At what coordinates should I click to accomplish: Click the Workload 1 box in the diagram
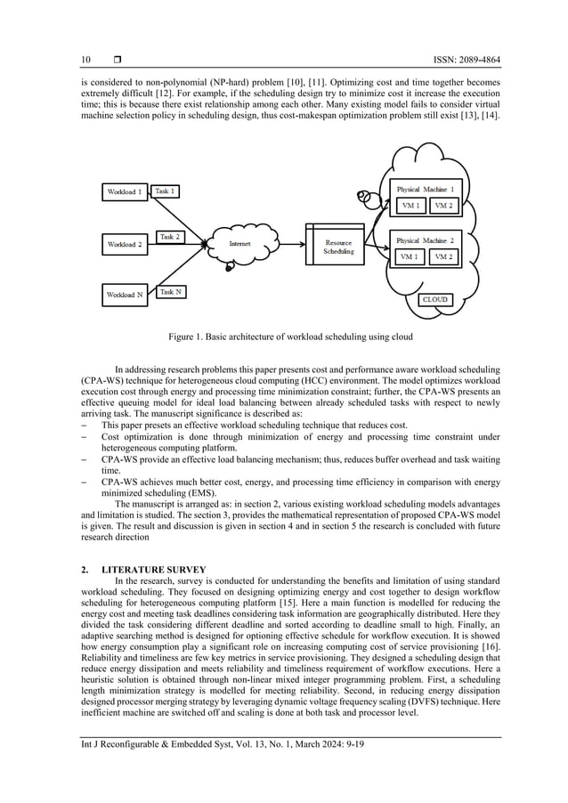(125, 192)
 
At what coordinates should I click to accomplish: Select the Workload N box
(125, 295)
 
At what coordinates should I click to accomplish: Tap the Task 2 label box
(169, 237)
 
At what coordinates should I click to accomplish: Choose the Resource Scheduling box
(337, 247)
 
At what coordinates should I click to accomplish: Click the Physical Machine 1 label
(425, 190)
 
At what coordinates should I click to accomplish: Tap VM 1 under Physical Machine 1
(410, 206)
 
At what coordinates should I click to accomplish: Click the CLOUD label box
(434, 300)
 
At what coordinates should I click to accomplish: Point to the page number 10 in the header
(86, 60)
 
